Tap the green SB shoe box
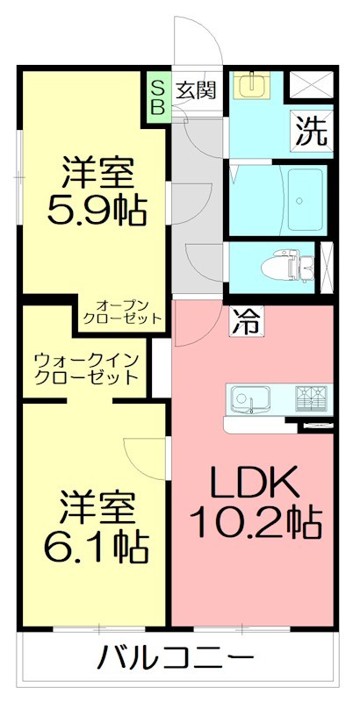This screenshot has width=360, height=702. point(158,96)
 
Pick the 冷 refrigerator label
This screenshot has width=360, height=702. point(245,322)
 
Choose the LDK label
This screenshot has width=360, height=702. point(255,482)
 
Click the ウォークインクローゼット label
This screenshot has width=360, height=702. point(86,369)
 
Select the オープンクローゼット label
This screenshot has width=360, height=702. point(122,311)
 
